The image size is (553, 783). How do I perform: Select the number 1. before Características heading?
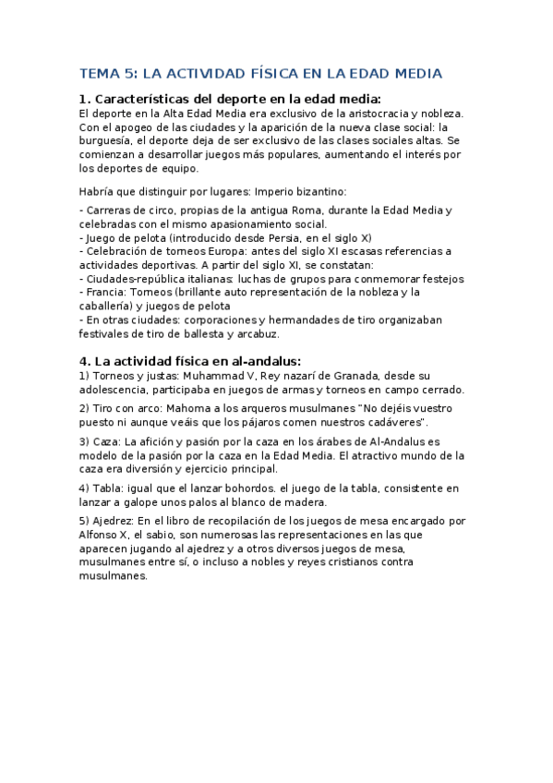pyautogui.click(x=85, y=100)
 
